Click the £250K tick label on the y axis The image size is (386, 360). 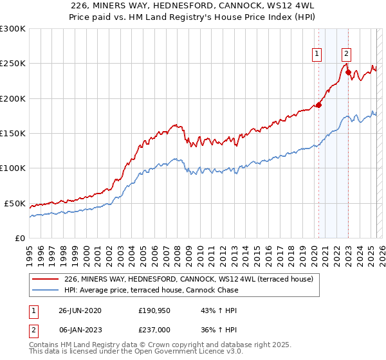tap(13, 64)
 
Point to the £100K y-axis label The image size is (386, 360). tap(13, 168)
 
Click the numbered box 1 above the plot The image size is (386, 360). tap(318, 55)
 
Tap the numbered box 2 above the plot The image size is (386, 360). tap(346, 55)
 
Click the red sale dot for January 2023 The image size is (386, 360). tap(348, 73)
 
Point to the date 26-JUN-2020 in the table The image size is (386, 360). tap(80, 310)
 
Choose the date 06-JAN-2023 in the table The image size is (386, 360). tap(80, 329)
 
